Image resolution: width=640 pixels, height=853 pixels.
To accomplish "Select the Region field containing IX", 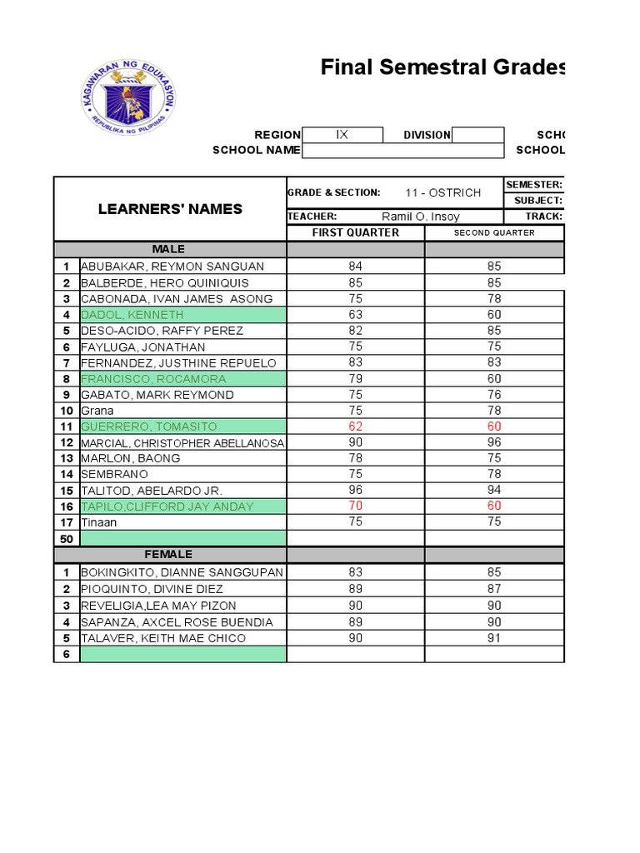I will tap(342, 135).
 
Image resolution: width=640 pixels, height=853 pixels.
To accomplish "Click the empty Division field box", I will tap(477, 135).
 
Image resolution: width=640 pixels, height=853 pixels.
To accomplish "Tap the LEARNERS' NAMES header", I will tap(170, 208).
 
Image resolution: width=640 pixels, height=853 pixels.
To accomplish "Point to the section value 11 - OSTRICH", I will tap(443, 192).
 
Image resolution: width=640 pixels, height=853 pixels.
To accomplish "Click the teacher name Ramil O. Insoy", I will tap(420, 217).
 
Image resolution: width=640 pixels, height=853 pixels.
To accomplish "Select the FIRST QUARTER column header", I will tap(355, 232).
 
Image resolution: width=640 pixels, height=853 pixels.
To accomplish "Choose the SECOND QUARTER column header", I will tap(494, 232).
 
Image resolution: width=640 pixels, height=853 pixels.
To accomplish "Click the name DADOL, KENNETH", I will tap(132, 315).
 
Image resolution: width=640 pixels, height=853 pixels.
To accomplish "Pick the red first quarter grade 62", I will tap(356, 426).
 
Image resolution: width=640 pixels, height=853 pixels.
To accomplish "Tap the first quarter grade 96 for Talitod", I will tap(356, 491).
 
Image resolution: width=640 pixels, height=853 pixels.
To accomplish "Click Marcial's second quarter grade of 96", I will tap(494, 442).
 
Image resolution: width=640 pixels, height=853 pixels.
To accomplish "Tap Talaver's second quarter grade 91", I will tap(494, 638).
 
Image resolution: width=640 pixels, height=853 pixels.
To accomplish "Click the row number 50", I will tap(66, 539).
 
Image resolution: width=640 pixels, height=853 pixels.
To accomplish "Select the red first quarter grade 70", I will tap(356, 506).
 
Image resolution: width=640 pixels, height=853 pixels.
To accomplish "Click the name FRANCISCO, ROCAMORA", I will tap(153, 379).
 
